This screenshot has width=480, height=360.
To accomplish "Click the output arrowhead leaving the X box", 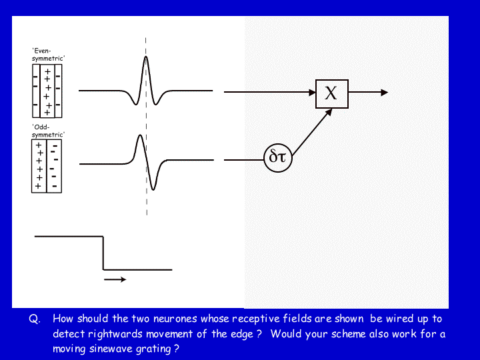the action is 384,92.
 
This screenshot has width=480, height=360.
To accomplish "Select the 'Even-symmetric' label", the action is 48,55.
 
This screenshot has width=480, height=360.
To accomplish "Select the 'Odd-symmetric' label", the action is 48,131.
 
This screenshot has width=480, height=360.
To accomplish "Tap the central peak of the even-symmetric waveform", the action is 146,57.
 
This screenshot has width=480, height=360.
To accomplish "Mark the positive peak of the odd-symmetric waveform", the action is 140,135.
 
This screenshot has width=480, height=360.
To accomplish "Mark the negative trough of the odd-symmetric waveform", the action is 153,189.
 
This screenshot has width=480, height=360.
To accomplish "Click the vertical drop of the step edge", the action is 103,253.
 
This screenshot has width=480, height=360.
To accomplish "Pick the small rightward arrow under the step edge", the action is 115,279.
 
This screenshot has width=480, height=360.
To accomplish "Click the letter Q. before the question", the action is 34,319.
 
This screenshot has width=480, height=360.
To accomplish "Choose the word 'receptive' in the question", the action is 256,319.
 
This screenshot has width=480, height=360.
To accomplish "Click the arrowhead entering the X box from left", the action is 312,92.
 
